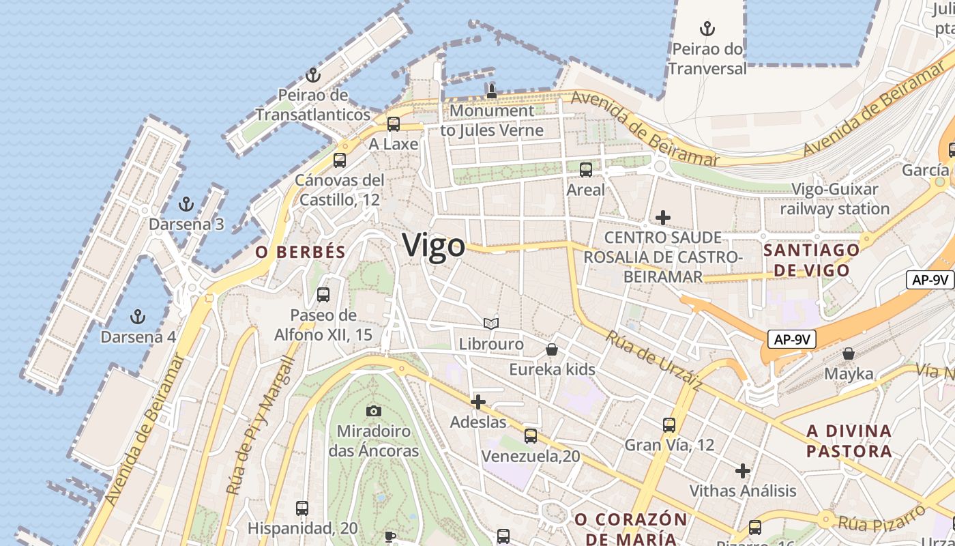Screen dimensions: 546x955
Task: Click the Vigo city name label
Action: [x=434, y=245]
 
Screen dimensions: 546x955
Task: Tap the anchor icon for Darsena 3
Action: [x=186, y=204]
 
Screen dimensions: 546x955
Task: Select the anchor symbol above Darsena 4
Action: [x=138, y=317]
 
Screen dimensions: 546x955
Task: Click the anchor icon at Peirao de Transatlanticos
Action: [x=313, y=75]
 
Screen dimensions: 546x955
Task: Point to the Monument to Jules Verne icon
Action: [x=491, y=90]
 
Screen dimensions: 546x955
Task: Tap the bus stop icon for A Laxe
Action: [x=394, y=124]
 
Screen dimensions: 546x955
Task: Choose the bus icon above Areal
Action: [x=585, y=170]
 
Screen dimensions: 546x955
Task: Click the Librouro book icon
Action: [x=491, y=324]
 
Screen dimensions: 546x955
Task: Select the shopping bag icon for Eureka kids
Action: [x=552, y=349]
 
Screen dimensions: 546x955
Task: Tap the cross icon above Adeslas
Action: [x=478, y=402]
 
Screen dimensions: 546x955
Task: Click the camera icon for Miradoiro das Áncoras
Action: [x=373, y=411]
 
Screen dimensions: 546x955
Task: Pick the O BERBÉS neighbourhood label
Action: [x=301, y=252]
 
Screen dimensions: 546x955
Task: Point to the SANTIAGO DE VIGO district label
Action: [x=811, y=260]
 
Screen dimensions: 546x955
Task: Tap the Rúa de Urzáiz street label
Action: [x=653, y=360]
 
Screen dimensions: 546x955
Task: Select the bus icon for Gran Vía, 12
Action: [x=669, y=425]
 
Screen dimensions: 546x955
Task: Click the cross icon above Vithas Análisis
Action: [x=743, y=471]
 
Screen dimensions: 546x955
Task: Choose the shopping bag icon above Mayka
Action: [x=849, y=354]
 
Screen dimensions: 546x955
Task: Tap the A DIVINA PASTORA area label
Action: [x=849, y=441]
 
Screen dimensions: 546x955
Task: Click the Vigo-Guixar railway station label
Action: [x=835, y=199]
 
